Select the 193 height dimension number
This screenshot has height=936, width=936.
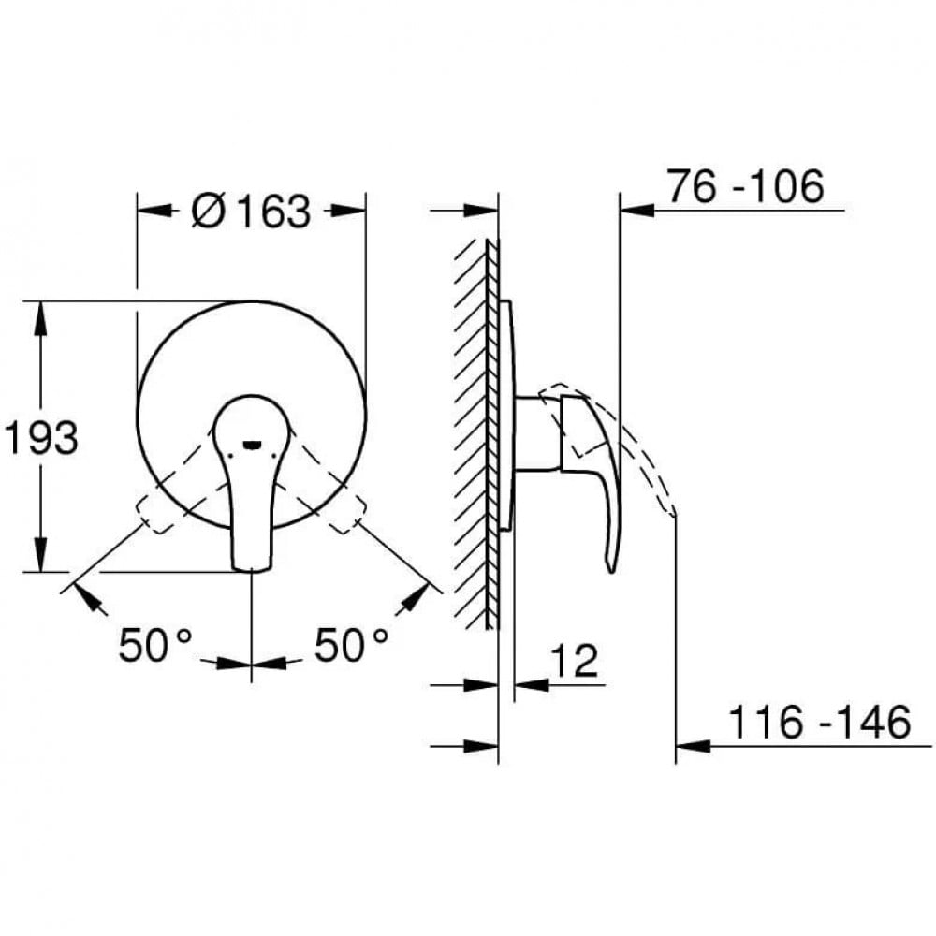41,437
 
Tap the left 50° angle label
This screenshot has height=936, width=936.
155,645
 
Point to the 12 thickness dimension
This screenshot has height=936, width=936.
573,660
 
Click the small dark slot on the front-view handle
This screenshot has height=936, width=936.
252,444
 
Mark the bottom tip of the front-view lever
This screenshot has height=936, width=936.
251,570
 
